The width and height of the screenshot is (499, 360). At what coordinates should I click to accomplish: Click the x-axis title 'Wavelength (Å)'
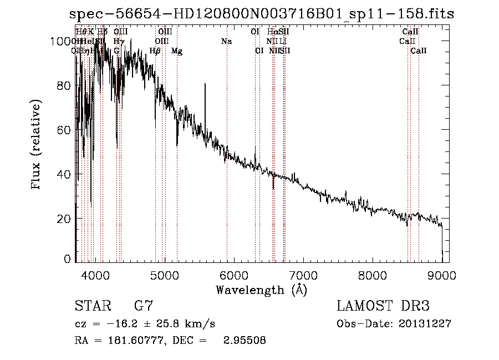tap(261, 289)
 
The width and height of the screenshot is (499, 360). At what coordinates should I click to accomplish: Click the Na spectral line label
tap(226, 41)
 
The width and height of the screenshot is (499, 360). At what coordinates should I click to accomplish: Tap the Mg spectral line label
tap(177, 51)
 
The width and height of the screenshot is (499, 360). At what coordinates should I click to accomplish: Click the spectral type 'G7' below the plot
tap(143, 306)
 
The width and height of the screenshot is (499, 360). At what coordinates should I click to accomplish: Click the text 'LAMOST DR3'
tap(383, 306)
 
